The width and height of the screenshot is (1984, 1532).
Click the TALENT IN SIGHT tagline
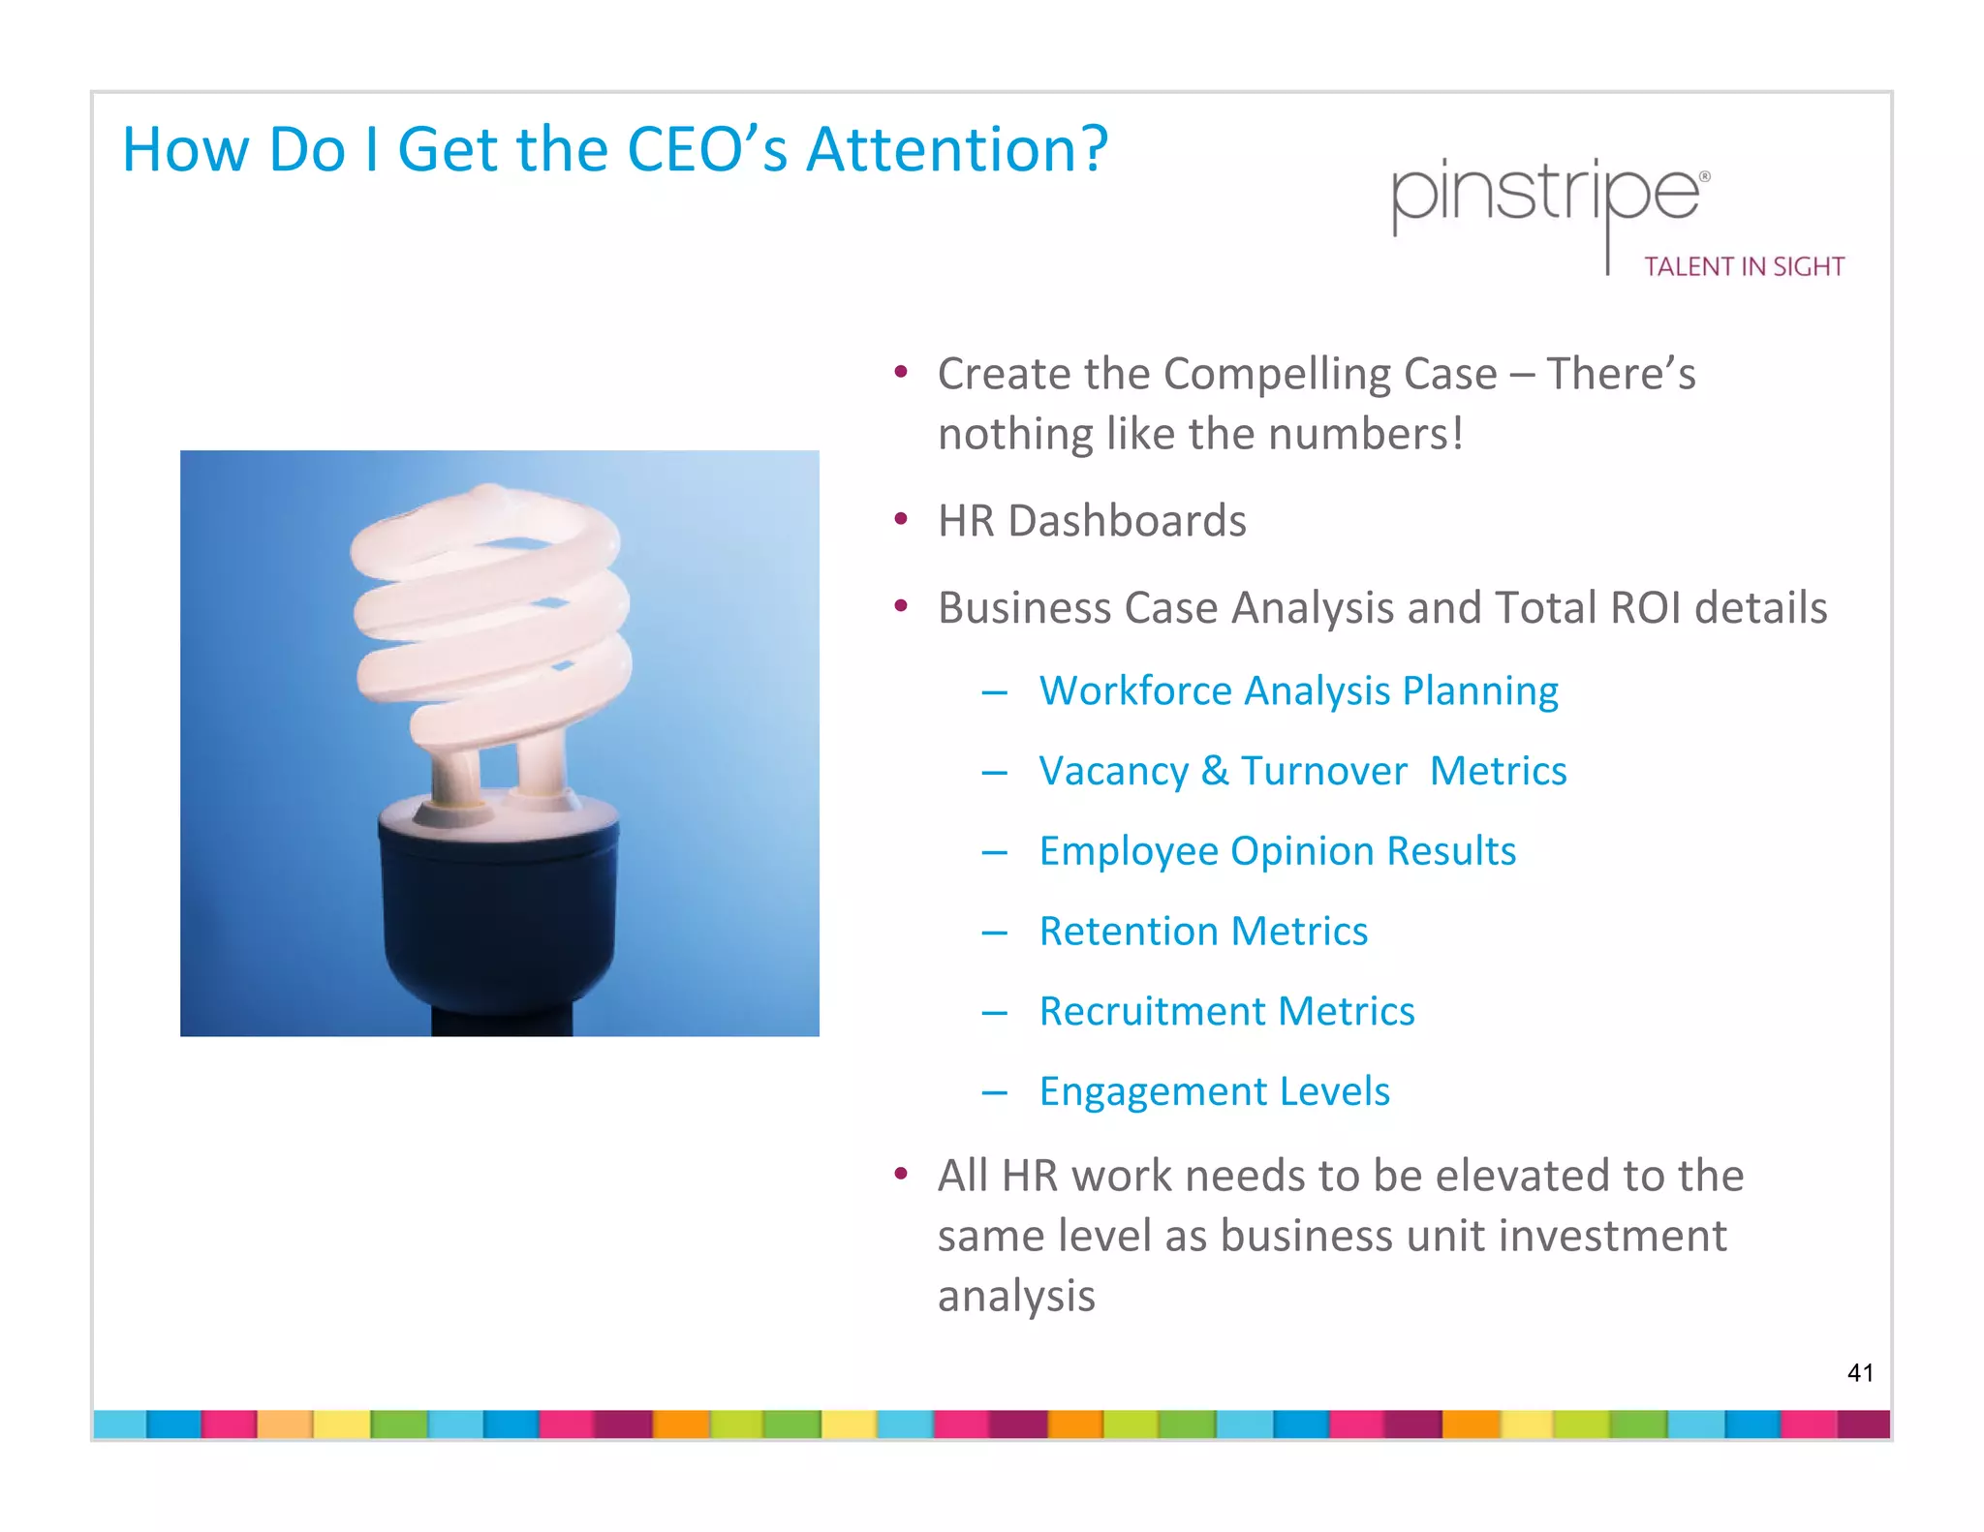pos(1744,267)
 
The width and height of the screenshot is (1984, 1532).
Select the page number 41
pos(1860,1372)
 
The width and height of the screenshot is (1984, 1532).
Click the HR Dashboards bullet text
pos(1092,521)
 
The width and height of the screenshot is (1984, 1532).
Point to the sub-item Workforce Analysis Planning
pos(1298,691)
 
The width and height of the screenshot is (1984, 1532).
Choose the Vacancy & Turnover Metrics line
pos(1302,772)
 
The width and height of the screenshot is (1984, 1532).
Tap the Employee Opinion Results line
pos(1277,852)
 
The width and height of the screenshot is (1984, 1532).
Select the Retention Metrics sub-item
pos(1203,932)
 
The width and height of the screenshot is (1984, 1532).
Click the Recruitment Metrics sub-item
pos(1226,1012)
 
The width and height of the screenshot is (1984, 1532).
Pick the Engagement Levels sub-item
pos(1214,1092)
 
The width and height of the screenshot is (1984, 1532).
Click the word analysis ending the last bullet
pos(1016,1297)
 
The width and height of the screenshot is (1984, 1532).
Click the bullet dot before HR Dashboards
pos(901,520)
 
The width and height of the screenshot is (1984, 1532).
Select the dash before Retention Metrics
pos(994,933)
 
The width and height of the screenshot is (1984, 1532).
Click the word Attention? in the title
pos(957,150)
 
